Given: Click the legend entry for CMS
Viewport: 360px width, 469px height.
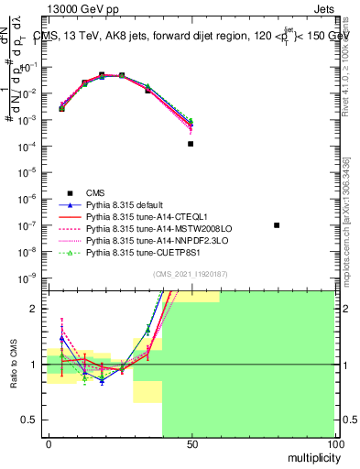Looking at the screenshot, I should tap(95, 191).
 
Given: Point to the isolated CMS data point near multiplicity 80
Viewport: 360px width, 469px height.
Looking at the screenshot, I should tap(277, 225).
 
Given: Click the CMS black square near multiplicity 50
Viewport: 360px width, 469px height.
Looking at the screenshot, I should tap(191, 144).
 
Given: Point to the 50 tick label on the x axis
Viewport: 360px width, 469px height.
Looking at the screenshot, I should tap(191, 443).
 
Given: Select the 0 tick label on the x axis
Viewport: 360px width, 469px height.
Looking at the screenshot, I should tap(49, 443).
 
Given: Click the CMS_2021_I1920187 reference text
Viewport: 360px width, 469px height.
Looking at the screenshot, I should tap(191, 274).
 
